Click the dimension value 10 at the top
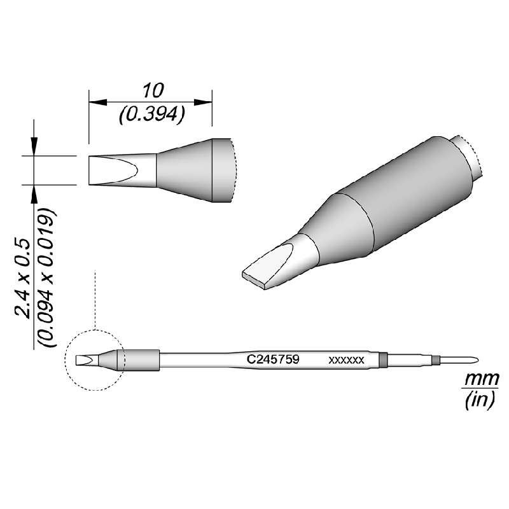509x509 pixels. point(150,89)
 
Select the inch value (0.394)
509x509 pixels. point(151,115)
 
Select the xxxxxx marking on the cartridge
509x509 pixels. point(346,360)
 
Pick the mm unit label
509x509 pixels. point(473,380)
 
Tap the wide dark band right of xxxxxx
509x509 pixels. point(382,360)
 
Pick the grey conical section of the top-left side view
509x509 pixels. point(185,170)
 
